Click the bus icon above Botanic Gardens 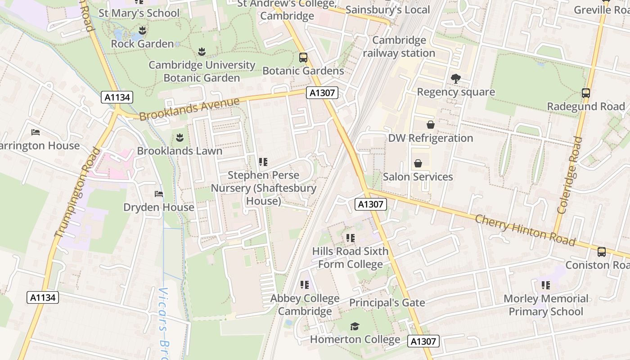[x=303, y=58]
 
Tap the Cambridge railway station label [x=399, y=47]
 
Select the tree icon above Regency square [x=455, y=79]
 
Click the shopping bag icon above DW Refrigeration [x=430, y=125]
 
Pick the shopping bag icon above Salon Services [x=418, y=163]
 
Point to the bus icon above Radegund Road [x=586, y=93]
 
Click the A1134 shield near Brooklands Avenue [x=117, y=97]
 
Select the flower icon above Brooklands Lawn [x=180, y=137]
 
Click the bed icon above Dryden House [x=159, y=194]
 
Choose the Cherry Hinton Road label [x=525, y=230]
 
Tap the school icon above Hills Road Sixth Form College [x=350, y=238]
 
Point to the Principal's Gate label [x=387, y=303]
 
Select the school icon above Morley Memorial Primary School [x=546, y=285]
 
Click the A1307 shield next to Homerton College [x=423, y=342]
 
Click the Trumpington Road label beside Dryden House [x=77, y=192]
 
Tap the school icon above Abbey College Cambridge [x=305, y=285]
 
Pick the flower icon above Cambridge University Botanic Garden [x=202, y=52]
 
